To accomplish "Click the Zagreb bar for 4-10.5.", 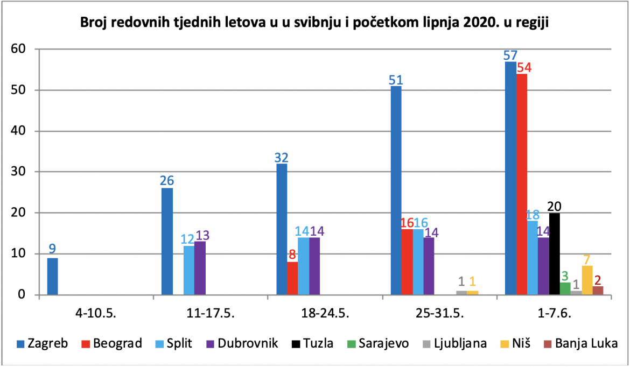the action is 52,276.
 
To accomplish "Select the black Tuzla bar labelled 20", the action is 554,254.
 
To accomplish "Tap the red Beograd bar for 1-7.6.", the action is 522,184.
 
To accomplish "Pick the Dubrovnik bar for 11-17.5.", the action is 200,268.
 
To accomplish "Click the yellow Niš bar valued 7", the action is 587,280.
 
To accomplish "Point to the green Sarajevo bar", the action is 565,288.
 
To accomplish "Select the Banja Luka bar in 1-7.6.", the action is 598,290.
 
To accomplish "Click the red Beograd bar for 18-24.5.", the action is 292,278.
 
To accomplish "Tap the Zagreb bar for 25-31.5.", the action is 396,190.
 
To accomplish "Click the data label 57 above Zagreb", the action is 510,55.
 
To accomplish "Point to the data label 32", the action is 281,157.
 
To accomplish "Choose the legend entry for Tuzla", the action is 312,344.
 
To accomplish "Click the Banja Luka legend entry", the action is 580,344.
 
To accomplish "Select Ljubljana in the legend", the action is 454,344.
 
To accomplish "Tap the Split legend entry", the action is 173,344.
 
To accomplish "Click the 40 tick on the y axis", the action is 18,131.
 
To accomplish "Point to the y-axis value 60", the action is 18,49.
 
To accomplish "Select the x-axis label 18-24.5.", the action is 325,313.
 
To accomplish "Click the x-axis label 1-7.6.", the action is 555,313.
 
